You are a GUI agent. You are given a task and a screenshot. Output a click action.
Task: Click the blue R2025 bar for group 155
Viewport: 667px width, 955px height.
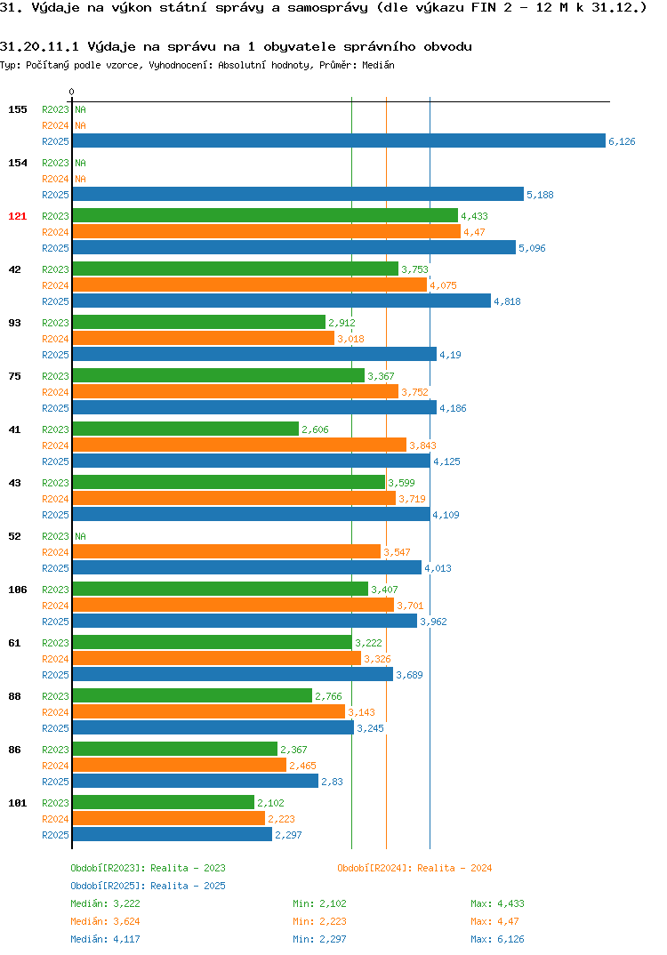coord(339,140)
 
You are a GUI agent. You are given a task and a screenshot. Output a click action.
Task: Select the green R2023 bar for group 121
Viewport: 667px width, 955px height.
coord(265,215)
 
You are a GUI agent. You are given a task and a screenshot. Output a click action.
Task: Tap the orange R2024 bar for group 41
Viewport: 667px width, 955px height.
coord(239,445)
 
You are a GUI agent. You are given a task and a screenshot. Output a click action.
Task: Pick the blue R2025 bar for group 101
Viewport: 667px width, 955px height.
coord(173,834)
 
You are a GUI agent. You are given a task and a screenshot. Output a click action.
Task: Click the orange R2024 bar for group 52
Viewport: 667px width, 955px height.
coord(227,552)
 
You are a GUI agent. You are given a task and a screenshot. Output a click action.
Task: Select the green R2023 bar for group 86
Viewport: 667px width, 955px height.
coord(175,749)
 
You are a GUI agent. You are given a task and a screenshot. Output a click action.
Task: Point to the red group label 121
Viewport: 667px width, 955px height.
coord(18,216)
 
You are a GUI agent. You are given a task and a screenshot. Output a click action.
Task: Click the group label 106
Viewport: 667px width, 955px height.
coord(18,590)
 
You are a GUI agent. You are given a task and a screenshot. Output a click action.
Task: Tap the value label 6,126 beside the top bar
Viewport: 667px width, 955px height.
coord(622,141)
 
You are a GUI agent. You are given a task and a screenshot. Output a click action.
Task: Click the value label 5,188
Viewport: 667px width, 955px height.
coord(541,195)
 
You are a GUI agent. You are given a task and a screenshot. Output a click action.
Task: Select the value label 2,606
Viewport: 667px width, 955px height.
coord(315,429)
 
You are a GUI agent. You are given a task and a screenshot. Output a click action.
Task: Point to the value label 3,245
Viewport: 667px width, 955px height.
coord(370,728)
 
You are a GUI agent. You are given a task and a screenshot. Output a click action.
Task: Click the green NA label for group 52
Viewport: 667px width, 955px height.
coord(80,536)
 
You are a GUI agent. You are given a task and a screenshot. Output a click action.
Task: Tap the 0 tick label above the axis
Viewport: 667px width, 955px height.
coord(72,92)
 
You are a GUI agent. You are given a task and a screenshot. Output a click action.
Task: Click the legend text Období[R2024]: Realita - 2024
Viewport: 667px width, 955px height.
coord(414,868)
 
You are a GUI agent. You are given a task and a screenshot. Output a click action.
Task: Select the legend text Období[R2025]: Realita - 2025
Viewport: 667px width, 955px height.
coord(148,886)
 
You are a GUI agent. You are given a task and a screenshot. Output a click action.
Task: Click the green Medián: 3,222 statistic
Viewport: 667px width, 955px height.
coord(105,903)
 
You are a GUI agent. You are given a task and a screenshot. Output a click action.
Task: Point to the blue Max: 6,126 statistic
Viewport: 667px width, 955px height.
coord(498,939)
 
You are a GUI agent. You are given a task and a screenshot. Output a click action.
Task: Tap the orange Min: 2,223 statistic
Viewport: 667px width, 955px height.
coord(320,921)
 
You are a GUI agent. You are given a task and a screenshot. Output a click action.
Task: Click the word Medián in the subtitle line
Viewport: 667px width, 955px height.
coord(378,65)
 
